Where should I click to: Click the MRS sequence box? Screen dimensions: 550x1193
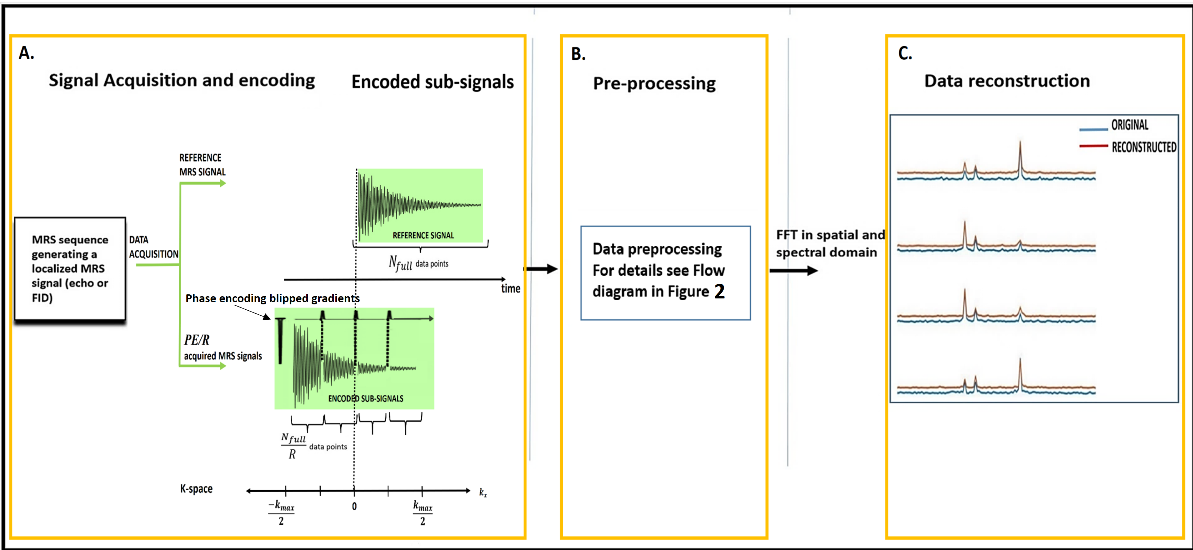point(70,268)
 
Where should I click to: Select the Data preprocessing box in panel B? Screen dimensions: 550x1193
point(665,273)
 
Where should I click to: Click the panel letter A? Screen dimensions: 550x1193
point(26,53)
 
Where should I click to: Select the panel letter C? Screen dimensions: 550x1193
point(905,54)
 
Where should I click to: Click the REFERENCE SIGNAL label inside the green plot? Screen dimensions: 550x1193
point(423,235)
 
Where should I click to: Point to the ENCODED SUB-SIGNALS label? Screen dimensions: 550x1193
point(365,399)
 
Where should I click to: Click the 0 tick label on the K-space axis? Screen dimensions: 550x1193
point(354,507)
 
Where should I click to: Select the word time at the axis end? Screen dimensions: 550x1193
point(510,289)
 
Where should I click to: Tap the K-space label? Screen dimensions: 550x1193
point(196,489)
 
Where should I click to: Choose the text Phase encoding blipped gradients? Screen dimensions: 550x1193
point(272,298)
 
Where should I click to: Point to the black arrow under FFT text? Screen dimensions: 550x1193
point(793,271)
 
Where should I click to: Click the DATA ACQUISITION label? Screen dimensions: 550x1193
point(153,247)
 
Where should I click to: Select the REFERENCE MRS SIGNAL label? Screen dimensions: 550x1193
point(203,165)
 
